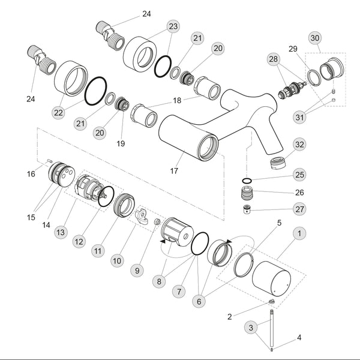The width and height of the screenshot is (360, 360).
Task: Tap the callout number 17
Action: point(174,171)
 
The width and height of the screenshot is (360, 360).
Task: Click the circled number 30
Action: point(314,37)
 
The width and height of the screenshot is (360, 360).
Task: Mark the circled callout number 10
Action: point(116,261)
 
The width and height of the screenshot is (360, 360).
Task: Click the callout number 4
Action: point(300,338)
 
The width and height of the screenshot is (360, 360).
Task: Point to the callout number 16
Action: point(31,174)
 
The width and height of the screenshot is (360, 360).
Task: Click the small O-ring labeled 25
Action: point(247,180)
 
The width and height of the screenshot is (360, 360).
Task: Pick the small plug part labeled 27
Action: point(247,210)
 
